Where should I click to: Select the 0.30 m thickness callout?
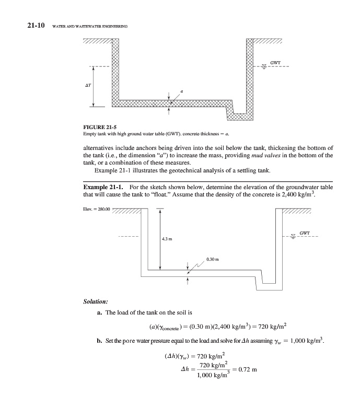click(213, 259)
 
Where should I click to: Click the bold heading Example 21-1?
click(103, 188)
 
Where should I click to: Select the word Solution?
click(95, 301)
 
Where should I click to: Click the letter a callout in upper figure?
click(181, 91)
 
